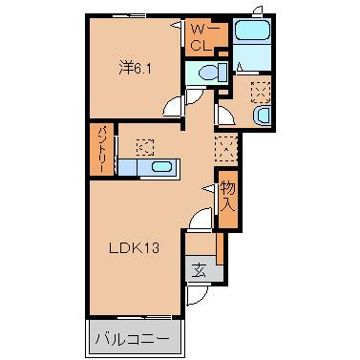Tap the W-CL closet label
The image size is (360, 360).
[x=201, y=37]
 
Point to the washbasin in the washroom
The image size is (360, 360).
[x=262, y=116]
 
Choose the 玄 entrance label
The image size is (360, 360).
[x=198, y=268]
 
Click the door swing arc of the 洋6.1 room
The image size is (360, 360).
[x=171, y=108]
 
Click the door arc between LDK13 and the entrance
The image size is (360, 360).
[x=198, y=222]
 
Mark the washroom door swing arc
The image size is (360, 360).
[x=224, y=116]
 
